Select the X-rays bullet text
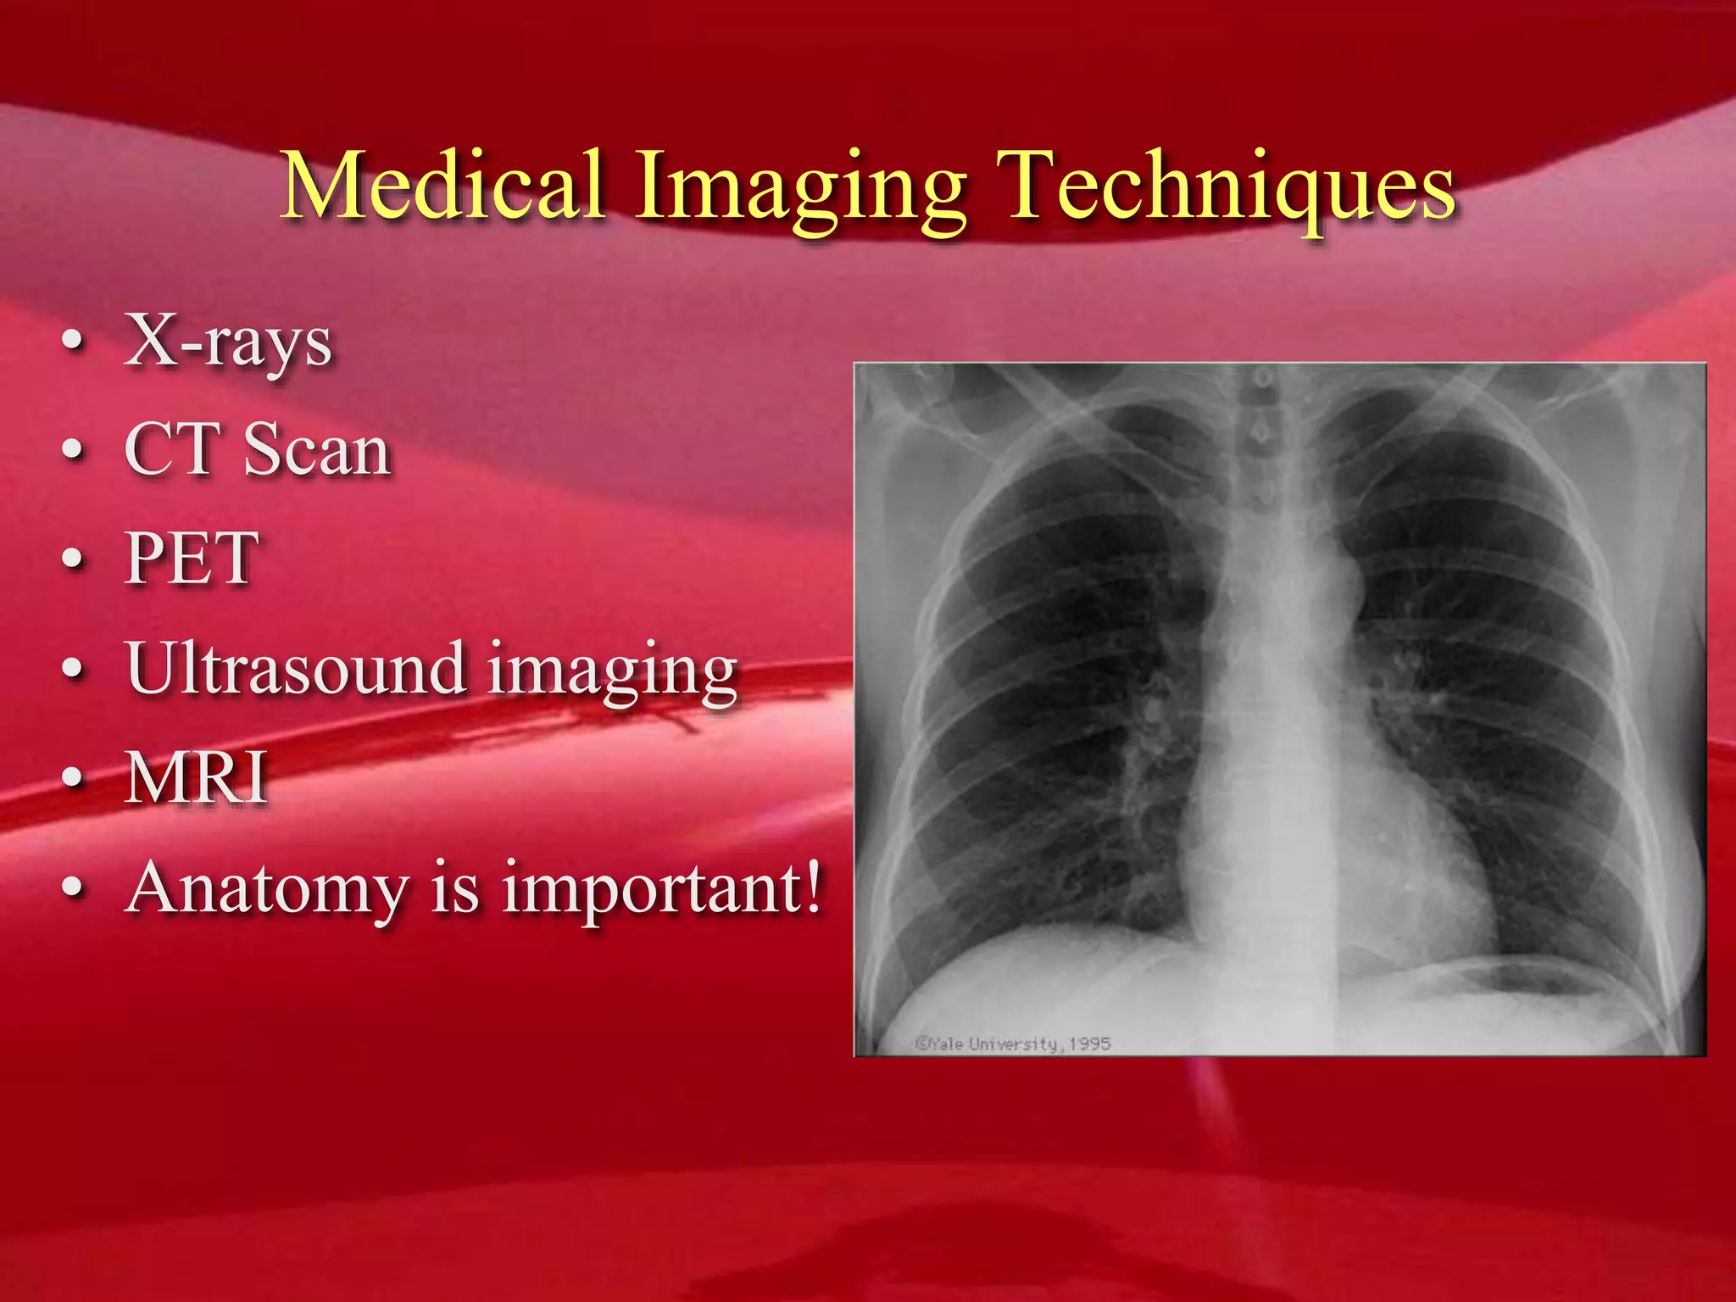pos(228,342)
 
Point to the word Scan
pos(317,449)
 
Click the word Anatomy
pos(268,888)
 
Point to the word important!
pos(662,888)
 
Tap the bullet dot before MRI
pos(74,778)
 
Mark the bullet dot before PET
pos(74,560)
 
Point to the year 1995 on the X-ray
pos(1089,1043)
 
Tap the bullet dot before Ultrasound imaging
pos(74,669)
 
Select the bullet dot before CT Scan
pos(74,451)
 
